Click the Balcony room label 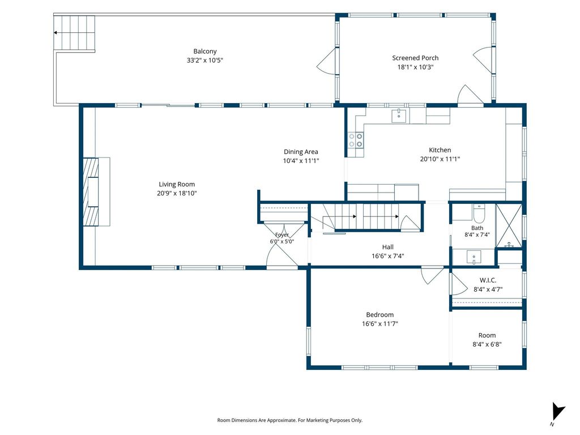pyautogui.click(x=205, y=52)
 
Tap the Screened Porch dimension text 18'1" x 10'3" pyautogui.click(x=415, y=67)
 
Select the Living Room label pyautogui.click(x=177, y=184)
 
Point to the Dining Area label pyautogui.click(x=301, y=152)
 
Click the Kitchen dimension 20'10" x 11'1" pyautogui.click(x=440, y=159)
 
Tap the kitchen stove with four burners pyautogui.click(x=356, y=140)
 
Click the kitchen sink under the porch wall pyautogui.click(x=399, y=116)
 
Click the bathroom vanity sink pyautogui.click(x=474, y=257)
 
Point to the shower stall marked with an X pyautogui.click(x=509, y=225)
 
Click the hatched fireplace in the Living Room pyautogui.click(x=91, y=191)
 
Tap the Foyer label pyautogui.click(x=282, y=235)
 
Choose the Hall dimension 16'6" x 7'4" pyautogui.click(x=387, y=256)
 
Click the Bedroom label pyautogui.click(x=380, y=315)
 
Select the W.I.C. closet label pyautogui.click(x=488, y=280)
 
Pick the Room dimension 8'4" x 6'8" pyautogui.click(x=487, y=344)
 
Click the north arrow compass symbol pyautogui.click(x=557, y=412)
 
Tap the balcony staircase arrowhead pyautogui.click(x=55, y=32)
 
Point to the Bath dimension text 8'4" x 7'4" pyautogui.click(x=477, y=234)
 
